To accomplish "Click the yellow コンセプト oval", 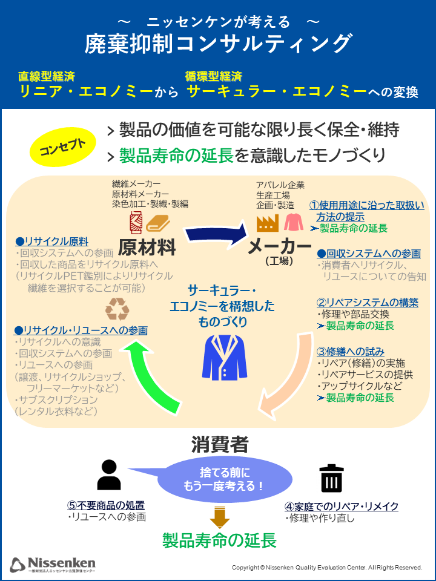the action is point(62,147).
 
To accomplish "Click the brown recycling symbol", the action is point(117,309).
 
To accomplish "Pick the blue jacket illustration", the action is point(224,357).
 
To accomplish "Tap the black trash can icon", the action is point(331,478).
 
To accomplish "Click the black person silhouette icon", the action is point(109,475).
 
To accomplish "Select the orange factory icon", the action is point(267,223).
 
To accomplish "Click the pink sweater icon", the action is point(294,222).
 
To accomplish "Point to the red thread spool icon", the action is point(136,223).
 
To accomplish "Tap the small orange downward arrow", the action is point(219,516).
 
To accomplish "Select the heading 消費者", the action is point(220,444).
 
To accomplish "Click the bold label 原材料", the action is point(147,247).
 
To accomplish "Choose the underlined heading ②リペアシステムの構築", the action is point(368,303).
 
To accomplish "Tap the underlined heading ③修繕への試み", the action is point(351,351).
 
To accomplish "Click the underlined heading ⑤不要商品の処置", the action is point(105,505).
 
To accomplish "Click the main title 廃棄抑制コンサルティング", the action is point(217,44).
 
